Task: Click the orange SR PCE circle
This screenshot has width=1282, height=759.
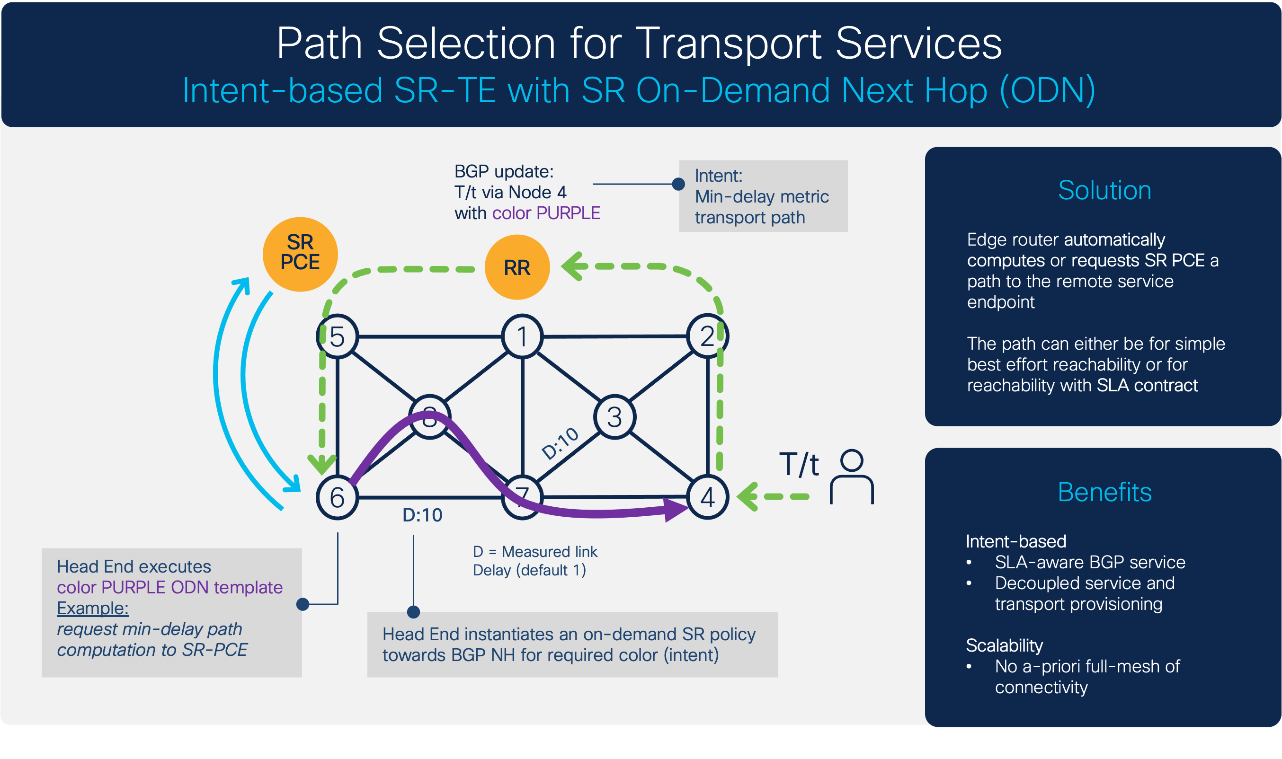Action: tap(300, 254)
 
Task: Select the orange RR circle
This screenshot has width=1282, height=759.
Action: tap(517, 267)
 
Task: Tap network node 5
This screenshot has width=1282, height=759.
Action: tap(337, 336)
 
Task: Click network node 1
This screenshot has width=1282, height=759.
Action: tap(522, 336)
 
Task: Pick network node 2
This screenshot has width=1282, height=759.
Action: tap(707, 336)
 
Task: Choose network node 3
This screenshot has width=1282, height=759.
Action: tap(614, 417)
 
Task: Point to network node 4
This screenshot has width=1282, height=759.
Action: tap(707, 497)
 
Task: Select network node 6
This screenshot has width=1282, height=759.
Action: tap(337, 497)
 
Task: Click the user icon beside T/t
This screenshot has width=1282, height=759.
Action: tap(851, 477)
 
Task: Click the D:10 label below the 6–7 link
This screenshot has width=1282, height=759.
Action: tap(422, 515)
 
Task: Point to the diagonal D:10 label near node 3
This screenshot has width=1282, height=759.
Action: tap(560, 443)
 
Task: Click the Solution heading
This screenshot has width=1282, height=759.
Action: tap(1104, 190)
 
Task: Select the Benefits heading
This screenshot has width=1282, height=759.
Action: tap(1104, 492)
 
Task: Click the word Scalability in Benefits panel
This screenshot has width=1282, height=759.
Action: tap(1004, 645)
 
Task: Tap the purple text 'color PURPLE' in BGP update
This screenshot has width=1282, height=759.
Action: tap(546, 213)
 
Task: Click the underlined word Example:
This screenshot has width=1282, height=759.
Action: tap(93, 608)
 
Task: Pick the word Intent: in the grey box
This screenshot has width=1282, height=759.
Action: tap(718, 176)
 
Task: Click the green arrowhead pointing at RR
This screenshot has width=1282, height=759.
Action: tap(575, 266)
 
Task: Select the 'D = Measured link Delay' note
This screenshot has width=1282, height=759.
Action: tap(534, 561)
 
